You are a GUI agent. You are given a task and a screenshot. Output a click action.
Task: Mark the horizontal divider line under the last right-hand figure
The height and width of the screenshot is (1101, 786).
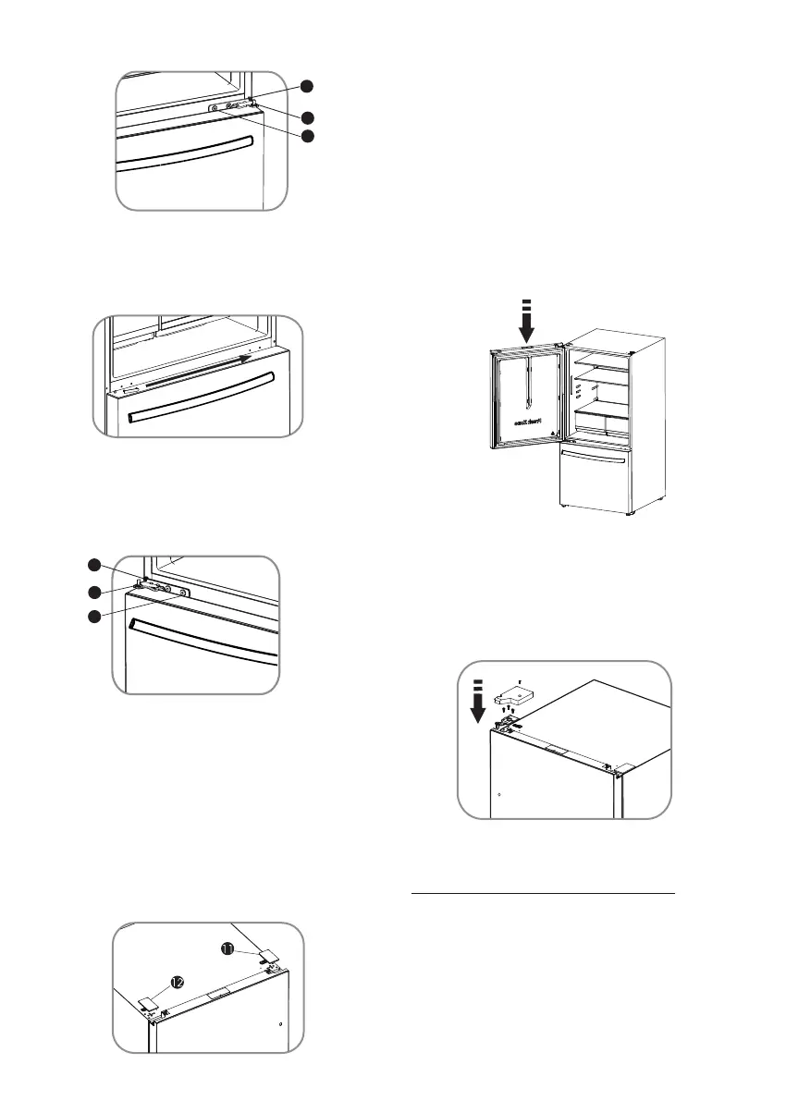click(x=542, y=894)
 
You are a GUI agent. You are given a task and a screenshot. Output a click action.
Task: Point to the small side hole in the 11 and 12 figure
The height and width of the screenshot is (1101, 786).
click(x=279, y=1024)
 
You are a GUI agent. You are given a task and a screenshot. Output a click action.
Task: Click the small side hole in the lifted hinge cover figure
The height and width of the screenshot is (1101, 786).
click(x=498, y=794)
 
